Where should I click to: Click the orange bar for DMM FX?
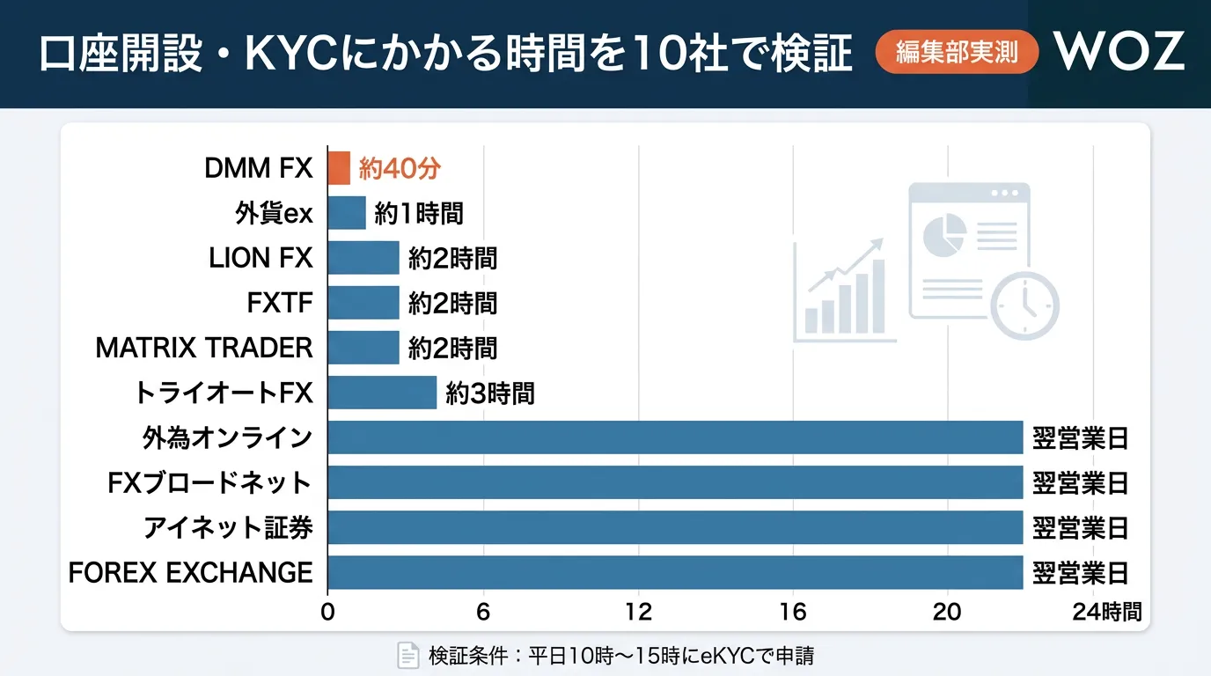coord(339,167)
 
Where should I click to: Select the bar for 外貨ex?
coord(347,213)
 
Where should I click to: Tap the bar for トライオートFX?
coord(382,393)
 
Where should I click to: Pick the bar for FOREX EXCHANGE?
coord(675,572)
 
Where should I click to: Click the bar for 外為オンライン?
coord(675,437)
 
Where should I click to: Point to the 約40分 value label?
coord(399,168)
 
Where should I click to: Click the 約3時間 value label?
coord(490,393)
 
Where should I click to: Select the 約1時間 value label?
coord(418,213)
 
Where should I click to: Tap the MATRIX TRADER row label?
coord(204,348)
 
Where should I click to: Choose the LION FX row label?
coord(261,258)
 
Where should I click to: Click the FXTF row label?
coord(280,303)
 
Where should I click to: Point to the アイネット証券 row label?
coord(228,527)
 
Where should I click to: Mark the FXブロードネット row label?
coord(209,482)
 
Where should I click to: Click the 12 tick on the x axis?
coord(638,612)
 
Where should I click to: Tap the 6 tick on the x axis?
coord(482,612)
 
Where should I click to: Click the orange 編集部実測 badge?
coord(957,53)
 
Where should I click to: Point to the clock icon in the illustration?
coord(1024,305)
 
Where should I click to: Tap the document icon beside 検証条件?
coord(407,655)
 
